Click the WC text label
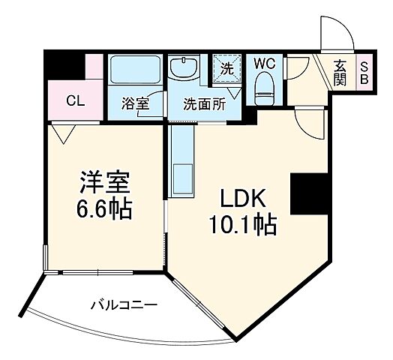coord(265,63)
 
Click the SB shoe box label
coord(364,72)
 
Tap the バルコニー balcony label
coord(123,304)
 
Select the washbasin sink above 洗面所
coord(184,68)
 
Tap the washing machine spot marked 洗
coord(226,68)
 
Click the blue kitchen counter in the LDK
coord(181,162)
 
